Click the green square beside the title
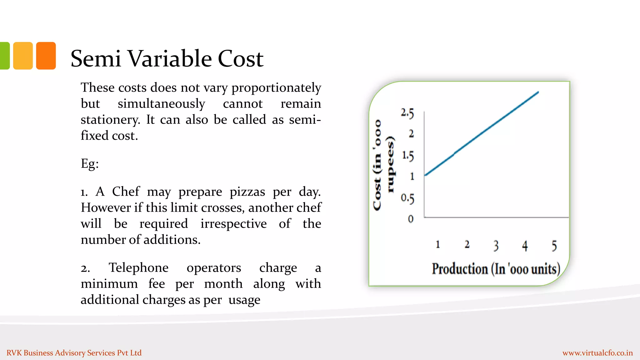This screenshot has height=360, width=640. [x=5, y=56]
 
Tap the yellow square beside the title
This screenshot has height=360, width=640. [x=23, y=56]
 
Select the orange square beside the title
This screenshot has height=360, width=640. [x=46, y=56]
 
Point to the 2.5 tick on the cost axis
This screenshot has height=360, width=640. [x=407, y=113]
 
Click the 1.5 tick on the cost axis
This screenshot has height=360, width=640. [x=408, y=155]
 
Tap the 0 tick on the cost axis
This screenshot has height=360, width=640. [x=411, y=219]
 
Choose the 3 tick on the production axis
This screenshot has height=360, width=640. [x=496, y=246]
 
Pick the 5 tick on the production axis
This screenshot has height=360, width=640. [x=554, y=246]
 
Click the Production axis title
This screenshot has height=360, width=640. [x=496, y=269]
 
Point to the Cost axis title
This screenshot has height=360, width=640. [x=383, y=165]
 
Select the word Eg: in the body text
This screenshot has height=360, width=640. [x=90, y=163]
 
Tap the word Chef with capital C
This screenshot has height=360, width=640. [x=126, y=191]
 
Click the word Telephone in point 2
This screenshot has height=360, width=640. [x=138, y=268]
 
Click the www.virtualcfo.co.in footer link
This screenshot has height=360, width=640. [x=597, y=353]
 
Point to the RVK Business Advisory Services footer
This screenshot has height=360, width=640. [x=74, y=353]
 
